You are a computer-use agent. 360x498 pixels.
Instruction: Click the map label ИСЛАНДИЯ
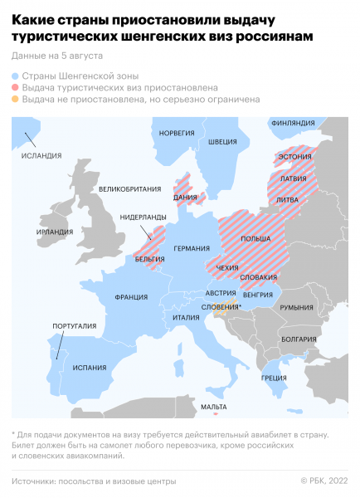(41, 155)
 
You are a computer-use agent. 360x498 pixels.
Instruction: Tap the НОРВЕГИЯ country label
(176, 133)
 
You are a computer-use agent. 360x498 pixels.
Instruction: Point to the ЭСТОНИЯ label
(295, 156)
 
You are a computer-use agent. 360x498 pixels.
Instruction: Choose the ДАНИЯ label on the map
(185, 197)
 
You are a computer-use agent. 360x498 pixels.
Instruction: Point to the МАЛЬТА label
(214, 407)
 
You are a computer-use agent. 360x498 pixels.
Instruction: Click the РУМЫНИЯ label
(296, 307)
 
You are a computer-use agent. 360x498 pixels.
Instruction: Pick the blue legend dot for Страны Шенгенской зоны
(16, 75)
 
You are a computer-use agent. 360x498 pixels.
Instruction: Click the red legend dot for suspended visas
(16, 86)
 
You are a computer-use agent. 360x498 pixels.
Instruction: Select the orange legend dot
(16, 99)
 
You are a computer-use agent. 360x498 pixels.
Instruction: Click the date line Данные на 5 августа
(57, 56)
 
